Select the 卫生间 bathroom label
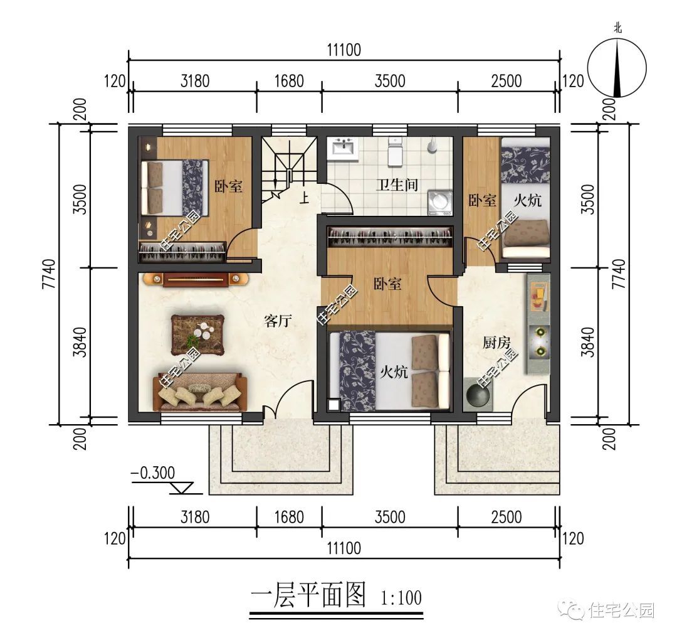[397, 184]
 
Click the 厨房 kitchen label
[496, 343]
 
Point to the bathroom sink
[343, 149]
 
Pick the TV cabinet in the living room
[193, 279]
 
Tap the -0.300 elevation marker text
[153, 472]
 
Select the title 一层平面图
[308, 595]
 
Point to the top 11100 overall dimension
[344, 50]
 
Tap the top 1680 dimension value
[289, 81]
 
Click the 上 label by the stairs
[305, 200]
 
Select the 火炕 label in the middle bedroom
[394, 371]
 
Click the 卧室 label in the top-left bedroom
[229, 186]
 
